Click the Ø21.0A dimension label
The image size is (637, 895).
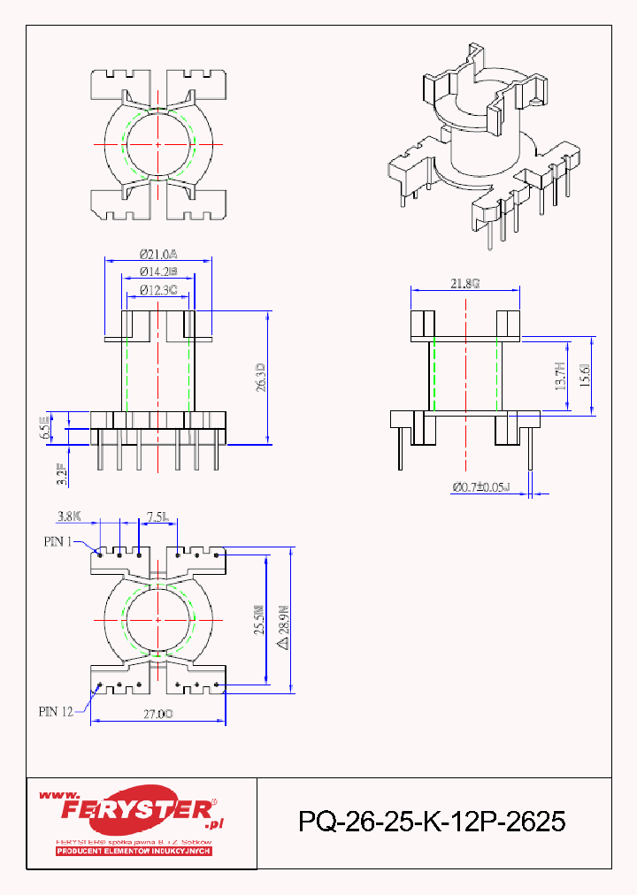pyautogui.click(x=158, y=253)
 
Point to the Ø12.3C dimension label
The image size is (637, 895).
pyautogui.click(x=158, y=289)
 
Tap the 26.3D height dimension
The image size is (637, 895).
pyautogui.click(x=260, y=378)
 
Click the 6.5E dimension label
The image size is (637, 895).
pyautogui.click(x=44, y=430)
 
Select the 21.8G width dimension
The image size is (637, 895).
pyautogui.click(x=464, y=283)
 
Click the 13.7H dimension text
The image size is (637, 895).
pyautogui.click(x=560, y=377)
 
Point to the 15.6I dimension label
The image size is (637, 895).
pyautogui.click(x=584, y=377)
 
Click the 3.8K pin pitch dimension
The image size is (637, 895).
pyautogui.click(x=70, y=515)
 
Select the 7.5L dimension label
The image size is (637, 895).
pyautogui.click(x=160, y=515)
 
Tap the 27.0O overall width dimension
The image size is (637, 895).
pyautogui.click(x=158, y=714)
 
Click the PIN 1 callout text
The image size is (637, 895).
pyautogui.click(x=58, y=541)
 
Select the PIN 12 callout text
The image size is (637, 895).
pyautogui.click(x=55, y=710)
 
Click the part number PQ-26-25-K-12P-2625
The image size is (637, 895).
pyautogui.click(x=432, y=822)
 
